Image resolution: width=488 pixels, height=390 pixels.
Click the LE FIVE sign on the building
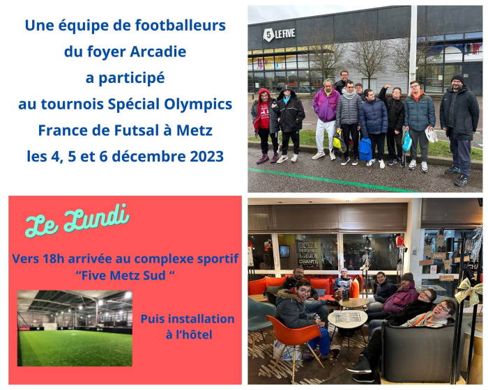(x=279, y=34)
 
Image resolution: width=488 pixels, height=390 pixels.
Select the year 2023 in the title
(x=206, y=156)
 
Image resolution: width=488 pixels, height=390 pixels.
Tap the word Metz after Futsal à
(x=195, y=130)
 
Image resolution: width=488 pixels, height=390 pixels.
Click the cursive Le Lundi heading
(x=77, y=220)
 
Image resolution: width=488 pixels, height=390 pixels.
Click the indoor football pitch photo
(x=75, y=328)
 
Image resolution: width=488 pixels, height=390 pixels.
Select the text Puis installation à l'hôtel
(x=188, y=327)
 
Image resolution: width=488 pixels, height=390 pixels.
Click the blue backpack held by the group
(x=365, y=149)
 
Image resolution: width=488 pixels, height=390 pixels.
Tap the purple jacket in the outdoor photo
(x=326, y=105)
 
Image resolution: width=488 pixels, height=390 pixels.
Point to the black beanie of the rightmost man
(x=457, y=79)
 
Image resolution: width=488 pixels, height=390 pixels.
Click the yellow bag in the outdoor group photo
(x=337, y=141)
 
